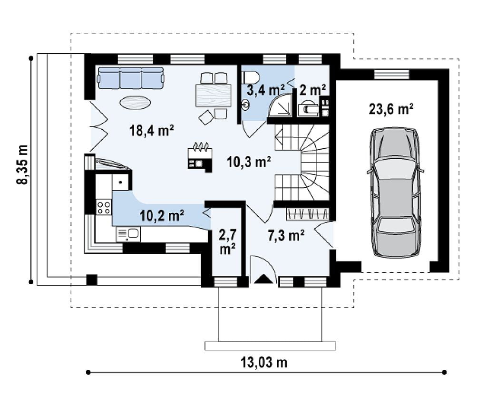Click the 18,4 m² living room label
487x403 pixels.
151,130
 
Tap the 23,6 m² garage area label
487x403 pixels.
391,109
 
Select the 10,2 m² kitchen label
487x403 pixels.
162,215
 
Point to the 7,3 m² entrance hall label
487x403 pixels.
286,236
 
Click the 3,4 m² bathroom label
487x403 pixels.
265,90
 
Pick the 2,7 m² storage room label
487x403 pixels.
227,241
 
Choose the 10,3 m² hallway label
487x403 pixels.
249,162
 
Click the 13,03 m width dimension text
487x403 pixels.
264,362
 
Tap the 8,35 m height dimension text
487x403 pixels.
22,164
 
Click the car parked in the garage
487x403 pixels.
395,192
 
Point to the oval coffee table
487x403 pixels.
136,103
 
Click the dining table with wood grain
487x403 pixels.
214,96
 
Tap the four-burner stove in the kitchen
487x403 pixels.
104,207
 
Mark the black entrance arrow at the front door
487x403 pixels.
263,279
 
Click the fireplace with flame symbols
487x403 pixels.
200,158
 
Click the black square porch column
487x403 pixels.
92,280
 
